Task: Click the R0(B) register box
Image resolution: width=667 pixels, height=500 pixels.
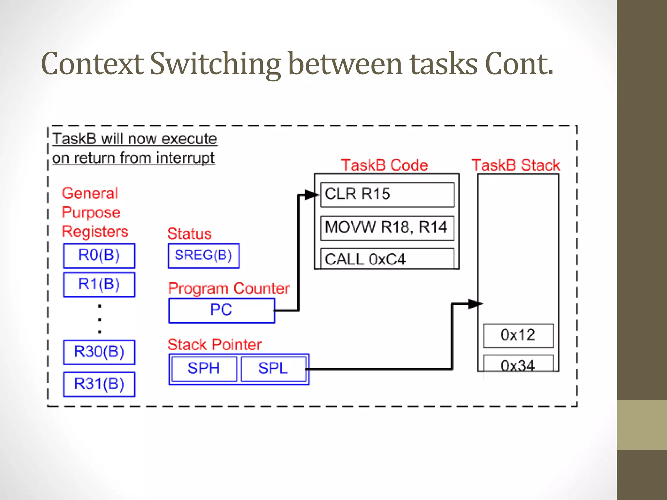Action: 99,256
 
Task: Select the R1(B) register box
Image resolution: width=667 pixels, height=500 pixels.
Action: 99,285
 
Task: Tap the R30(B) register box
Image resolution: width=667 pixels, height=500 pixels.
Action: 99,352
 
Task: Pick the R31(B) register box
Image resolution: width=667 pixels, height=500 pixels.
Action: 99,384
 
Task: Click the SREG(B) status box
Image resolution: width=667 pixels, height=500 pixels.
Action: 204,256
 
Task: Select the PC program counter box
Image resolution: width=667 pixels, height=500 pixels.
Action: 221,310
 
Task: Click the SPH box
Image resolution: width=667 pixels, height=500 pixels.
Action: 204,369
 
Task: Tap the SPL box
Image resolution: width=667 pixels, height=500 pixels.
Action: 273,369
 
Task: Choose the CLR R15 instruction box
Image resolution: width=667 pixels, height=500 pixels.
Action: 387,195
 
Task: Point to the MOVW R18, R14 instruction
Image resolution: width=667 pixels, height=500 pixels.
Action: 387,228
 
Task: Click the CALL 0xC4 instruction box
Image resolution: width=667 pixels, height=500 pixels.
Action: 387,259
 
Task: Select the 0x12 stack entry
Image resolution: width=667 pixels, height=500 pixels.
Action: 518,335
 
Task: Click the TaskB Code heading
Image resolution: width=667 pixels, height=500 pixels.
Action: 384,165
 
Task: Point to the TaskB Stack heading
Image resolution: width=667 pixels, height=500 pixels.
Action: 516,165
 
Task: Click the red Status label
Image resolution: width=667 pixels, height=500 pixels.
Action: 189,234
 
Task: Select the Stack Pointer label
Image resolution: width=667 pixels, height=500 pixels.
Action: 214,345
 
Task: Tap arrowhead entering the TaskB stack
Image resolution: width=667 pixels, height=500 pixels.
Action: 475,304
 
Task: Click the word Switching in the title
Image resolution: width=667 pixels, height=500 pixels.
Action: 215,64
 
